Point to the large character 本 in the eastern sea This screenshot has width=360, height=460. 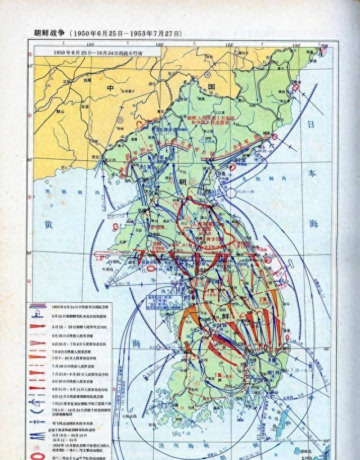(x=312, y=173)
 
